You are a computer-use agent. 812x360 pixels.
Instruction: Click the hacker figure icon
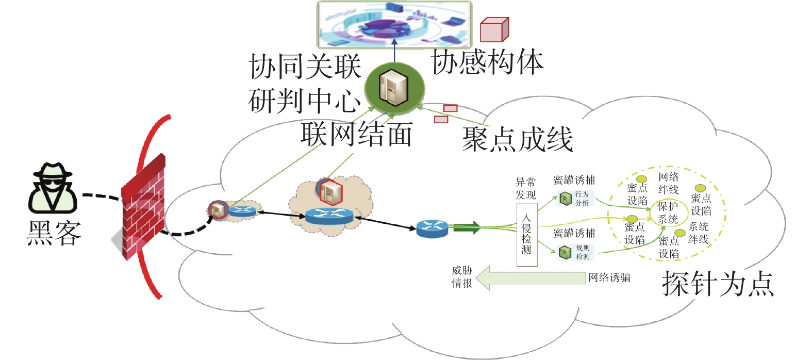tap(53, 188)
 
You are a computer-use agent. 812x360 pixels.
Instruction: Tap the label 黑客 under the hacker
tap(54, 233)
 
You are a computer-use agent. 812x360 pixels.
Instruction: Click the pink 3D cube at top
tap(494, 29)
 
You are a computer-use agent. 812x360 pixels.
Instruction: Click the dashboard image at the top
tap(394, 25)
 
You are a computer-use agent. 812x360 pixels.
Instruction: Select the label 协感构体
tap(487, 62)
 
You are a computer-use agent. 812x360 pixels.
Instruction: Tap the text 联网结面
tap(357, 134)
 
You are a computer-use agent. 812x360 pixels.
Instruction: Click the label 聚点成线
tap(517, 139)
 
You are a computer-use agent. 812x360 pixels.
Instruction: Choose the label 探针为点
tap(718, 284)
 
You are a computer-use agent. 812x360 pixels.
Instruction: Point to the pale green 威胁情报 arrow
tap(531, 278)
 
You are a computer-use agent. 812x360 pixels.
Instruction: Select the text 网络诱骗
tap(609, 277)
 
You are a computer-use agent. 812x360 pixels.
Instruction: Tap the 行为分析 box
tap(576, 199)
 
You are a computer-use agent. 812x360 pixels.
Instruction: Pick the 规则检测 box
tap(576, 252)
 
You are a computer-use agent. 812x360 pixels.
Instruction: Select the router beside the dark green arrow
tap(432, 229)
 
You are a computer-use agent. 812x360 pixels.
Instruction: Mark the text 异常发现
tap(526, 189)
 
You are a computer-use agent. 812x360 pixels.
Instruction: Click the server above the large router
tap(330, 191)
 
